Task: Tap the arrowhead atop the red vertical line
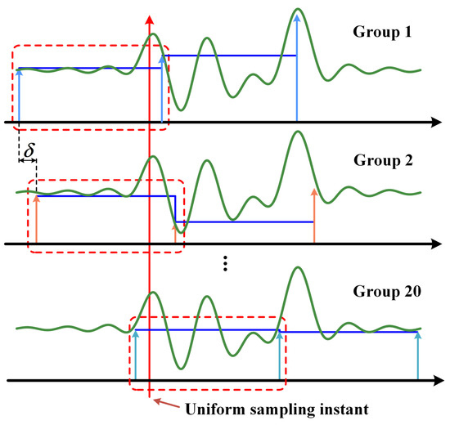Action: pos(149,19)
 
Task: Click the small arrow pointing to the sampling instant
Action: pos(157,400)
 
